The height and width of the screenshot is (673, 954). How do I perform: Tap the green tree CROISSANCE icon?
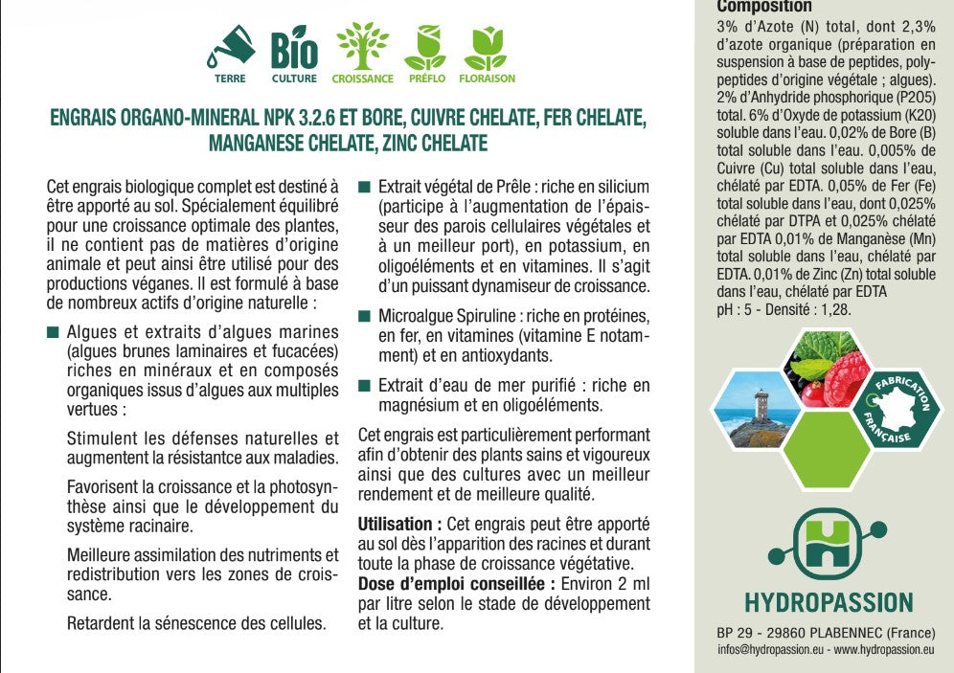pyautogui.click(x=361, y=47)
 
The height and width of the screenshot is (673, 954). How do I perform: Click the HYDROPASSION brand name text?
pyautogui.click(x=829, y=602)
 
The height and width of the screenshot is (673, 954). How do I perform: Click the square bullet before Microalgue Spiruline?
pyautogui.click(x=364, y=316)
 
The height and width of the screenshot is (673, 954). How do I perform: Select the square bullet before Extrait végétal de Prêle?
pyautogui.click(x=364, y=187)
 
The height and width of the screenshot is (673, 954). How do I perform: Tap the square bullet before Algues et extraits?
pyautogui.click(x=53, y=333)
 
